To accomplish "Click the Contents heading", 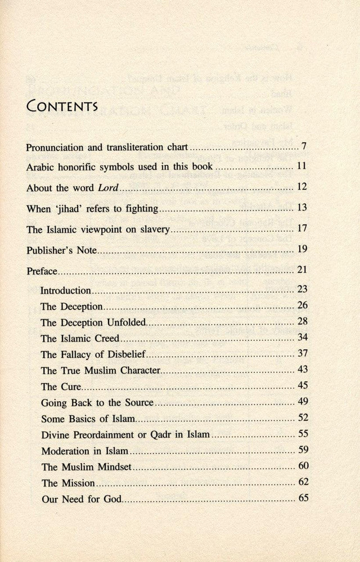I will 62,106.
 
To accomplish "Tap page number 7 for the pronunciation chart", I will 303,147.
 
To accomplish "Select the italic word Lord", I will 107,188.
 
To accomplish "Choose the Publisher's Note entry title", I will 61,250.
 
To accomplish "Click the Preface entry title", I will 42,271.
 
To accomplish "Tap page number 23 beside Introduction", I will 301,290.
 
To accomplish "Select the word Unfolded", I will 127,323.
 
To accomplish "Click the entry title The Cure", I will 61,387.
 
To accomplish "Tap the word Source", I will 138,403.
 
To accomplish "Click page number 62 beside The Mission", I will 301,482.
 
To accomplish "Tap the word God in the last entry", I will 112,499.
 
